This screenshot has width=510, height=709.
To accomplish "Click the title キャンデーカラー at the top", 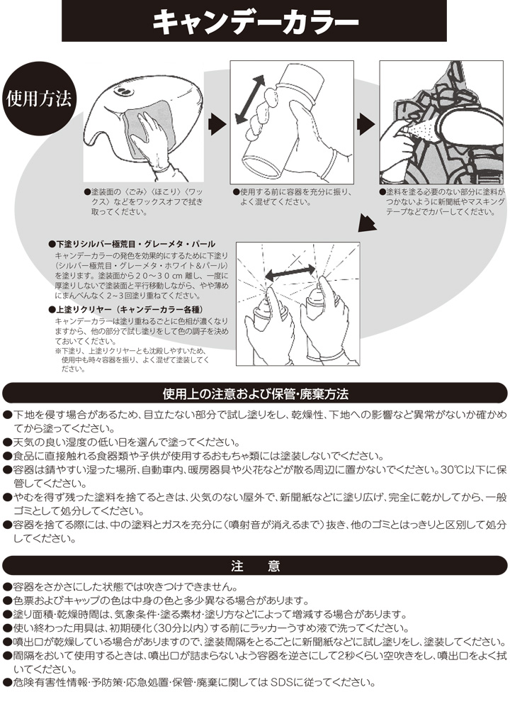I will tap(255, 22).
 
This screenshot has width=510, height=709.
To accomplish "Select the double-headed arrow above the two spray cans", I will tap(290, 272).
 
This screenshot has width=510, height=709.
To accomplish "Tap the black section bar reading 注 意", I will tap(255, 566).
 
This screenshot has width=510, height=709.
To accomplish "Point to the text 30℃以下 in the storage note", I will tap(464, 470).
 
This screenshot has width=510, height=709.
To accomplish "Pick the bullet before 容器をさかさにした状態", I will tap(7, 588).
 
